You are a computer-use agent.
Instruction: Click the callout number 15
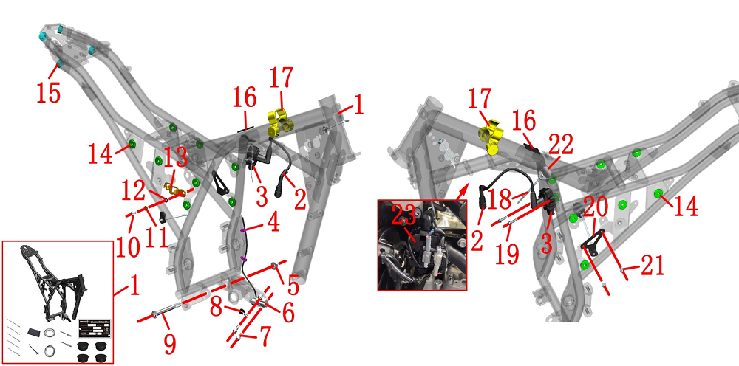click(x=49, y=93)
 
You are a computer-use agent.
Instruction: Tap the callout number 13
click(x=176, y=159)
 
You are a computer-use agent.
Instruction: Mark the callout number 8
click(x=217, y=308)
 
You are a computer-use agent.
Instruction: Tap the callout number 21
click(x=652, y=266)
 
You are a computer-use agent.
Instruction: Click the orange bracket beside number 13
click(x=174, y=191)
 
